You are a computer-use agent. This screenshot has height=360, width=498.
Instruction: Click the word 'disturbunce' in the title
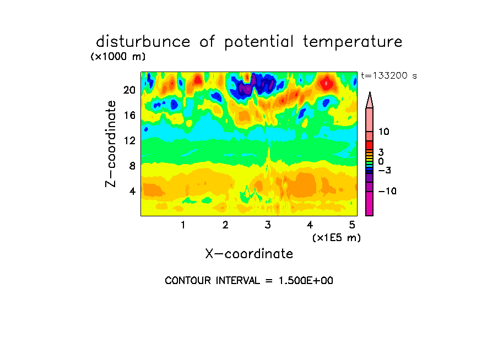(x=143, y=42)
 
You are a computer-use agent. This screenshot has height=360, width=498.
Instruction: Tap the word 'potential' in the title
(x=259, y=42)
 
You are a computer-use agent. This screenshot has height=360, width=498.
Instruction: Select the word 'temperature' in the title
(x=353, y=42)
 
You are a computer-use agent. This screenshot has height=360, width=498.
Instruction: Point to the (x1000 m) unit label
(x=118, y=57)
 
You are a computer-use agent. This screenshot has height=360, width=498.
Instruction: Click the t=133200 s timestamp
(x=389, y=75)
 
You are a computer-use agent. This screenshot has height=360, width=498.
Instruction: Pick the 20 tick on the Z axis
(x=129, y=90)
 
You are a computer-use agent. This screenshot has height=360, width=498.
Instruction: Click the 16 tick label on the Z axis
(x=129, y=115)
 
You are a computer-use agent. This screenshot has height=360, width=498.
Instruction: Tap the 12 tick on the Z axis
(x=129, y=140)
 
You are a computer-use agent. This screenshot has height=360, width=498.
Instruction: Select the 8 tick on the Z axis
(x=132, y=166)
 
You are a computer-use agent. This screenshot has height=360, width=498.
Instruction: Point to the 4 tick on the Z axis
(x=132, y=191)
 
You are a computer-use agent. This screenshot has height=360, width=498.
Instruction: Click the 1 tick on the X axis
(x=183, y=225)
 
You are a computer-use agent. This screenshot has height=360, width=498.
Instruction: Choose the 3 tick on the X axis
(x=268, y=225)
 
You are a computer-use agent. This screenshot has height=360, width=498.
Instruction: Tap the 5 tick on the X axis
(x=352, y=225)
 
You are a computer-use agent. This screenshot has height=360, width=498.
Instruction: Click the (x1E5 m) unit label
(x=337, y=237)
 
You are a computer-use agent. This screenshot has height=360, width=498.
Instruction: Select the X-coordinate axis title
(x=249, y=254)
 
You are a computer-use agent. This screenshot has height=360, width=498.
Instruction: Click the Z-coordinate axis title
(x=111, y=144)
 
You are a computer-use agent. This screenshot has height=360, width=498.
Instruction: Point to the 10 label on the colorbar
(x=383, y=132)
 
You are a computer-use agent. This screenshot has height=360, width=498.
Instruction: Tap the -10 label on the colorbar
(x=387, y=191)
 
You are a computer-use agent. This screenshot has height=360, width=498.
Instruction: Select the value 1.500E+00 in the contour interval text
(x=306, y=281)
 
